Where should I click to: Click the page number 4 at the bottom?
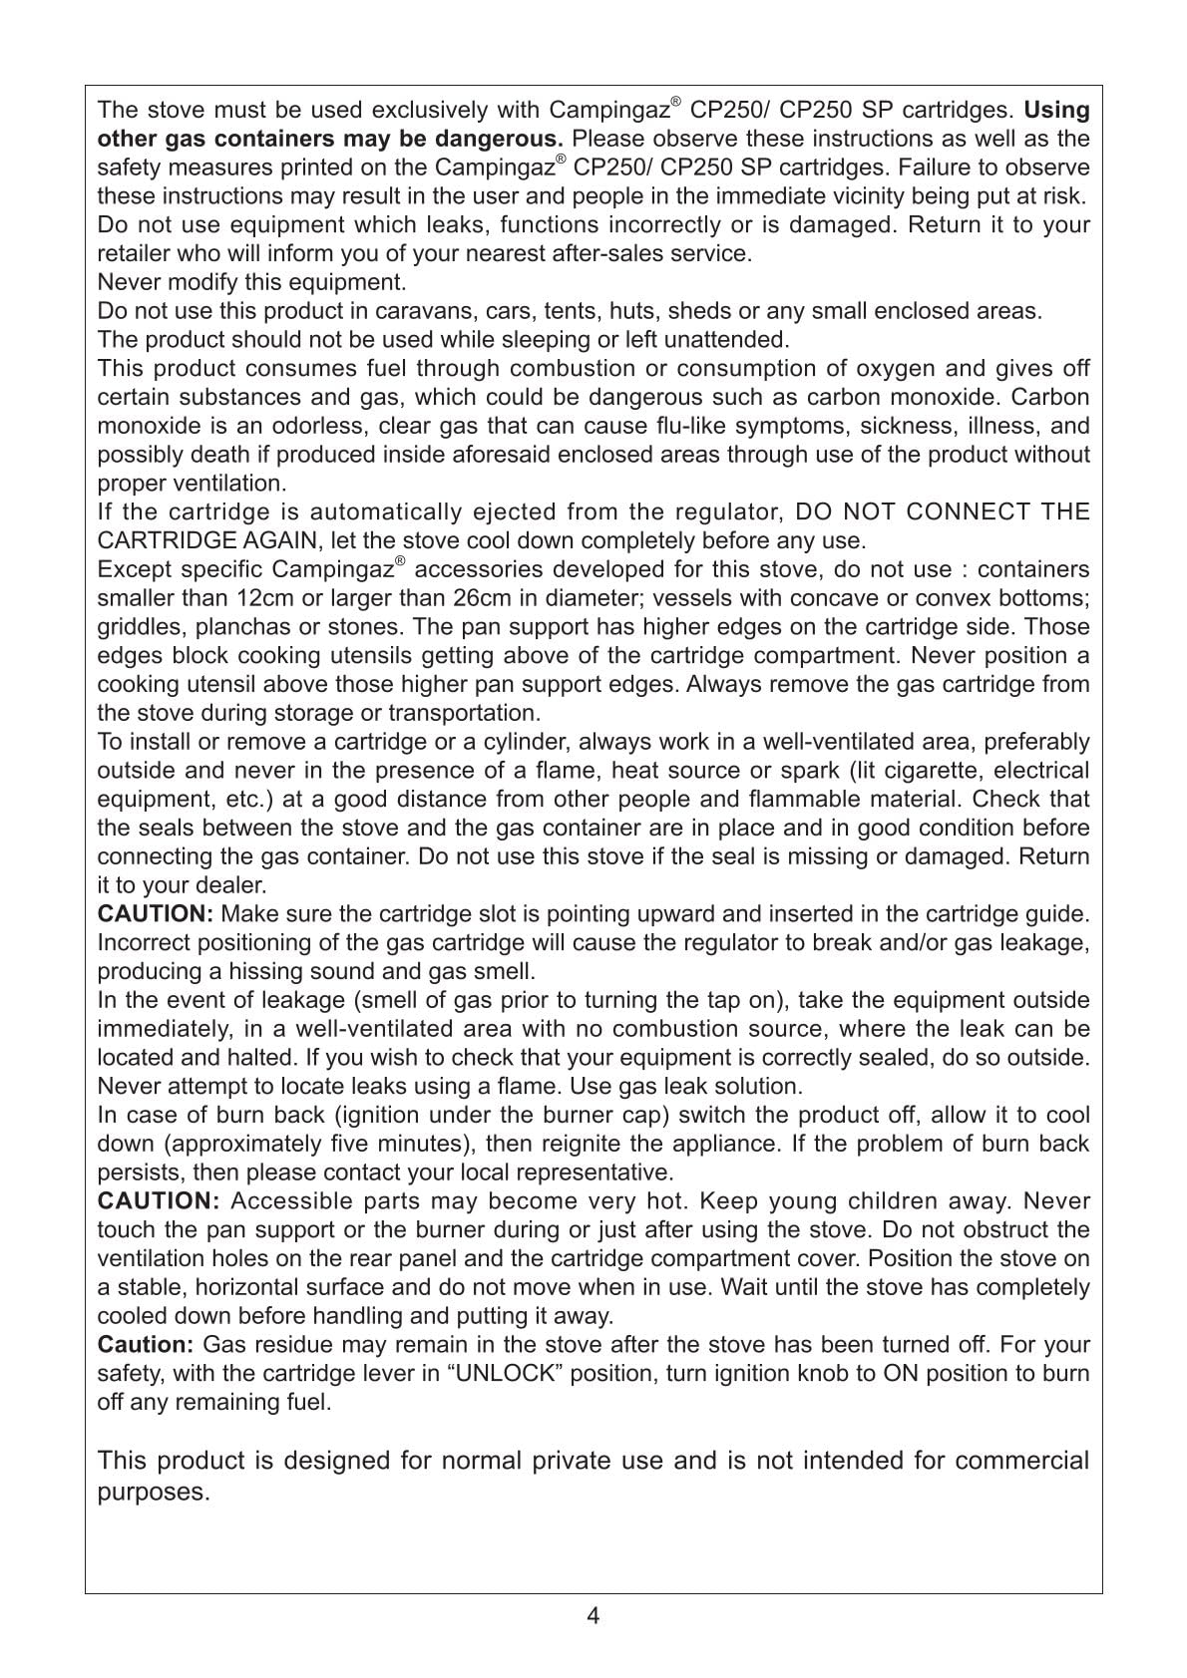click(593, 1616)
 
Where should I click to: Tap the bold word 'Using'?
click(1056, 110)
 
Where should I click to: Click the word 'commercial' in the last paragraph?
click(1021, 1461)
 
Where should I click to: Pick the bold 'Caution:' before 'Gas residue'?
click(145, 1345)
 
